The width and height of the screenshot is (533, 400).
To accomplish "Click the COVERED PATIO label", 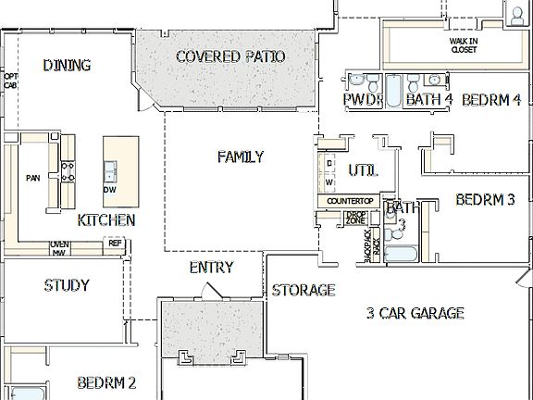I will [x=230, y=57].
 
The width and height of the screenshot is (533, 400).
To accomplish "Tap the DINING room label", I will [x=67, y=65].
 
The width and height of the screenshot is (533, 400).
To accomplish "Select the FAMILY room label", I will [x=241, y=156].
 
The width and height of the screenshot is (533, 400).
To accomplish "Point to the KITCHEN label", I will [x=106, y=220].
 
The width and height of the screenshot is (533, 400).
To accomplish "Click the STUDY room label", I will [x=67, y=285].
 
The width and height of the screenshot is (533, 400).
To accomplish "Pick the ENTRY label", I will [x=211, y=268].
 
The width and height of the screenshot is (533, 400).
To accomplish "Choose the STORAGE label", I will [x=303, y=290].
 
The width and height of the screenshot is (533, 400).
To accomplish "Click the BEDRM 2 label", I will [x=106, y=381].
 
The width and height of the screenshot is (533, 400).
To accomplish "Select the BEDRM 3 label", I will [x=484, y=199].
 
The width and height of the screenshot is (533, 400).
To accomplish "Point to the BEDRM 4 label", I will [x=491, y=99].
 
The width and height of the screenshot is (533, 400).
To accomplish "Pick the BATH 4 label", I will [x=429, y=99].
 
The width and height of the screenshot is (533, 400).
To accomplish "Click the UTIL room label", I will [x=363, y=171].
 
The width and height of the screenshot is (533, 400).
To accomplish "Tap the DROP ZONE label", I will [x=355, y=219].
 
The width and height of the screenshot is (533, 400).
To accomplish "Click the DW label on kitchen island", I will [x=110, y=190].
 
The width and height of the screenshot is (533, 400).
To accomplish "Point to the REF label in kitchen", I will [x=116, y=244].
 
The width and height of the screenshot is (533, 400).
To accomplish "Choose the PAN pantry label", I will [x=32, y=178].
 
